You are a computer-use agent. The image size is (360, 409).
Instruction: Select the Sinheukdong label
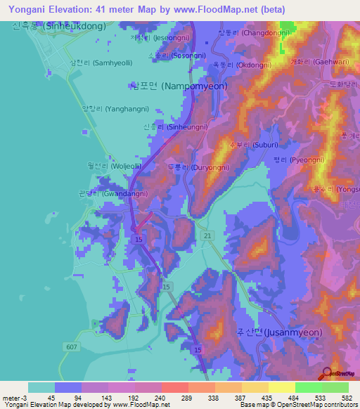59,25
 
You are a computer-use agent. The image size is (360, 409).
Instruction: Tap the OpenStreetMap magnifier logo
326,374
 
